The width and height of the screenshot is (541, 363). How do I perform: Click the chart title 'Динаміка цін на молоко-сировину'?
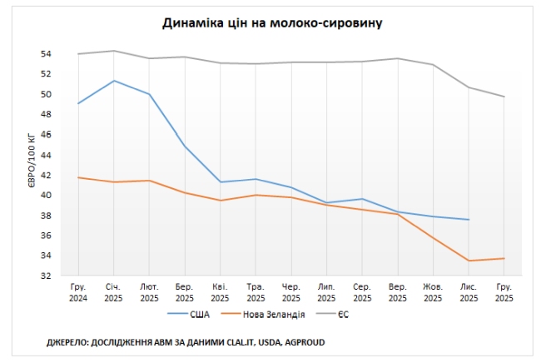(x=273, y=22)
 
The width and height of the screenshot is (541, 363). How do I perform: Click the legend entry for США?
(x=199, y=314)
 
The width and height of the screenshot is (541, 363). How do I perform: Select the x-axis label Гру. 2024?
(x=78, y=291)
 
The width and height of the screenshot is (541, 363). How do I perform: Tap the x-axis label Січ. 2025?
(x=114, y=291)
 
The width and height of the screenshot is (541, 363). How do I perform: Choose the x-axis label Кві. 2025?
(x=221, y=291)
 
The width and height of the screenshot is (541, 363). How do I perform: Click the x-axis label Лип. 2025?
(x=326, y=291)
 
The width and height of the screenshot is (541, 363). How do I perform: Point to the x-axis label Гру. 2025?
(x=504, y=291)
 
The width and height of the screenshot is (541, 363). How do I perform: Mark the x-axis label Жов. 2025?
(x=433, y=291)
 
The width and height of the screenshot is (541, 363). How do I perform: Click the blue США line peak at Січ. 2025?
(x=114, y=81)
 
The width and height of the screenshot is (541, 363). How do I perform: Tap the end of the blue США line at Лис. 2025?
(x=469, y=220)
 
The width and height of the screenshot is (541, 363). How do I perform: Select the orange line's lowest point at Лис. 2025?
(x=469, y=261)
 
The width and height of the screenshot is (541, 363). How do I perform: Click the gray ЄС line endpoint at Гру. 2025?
(x=504, y=97)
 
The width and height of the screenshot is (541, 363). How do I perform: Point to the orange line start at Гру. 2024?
(x=78, y=177)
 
